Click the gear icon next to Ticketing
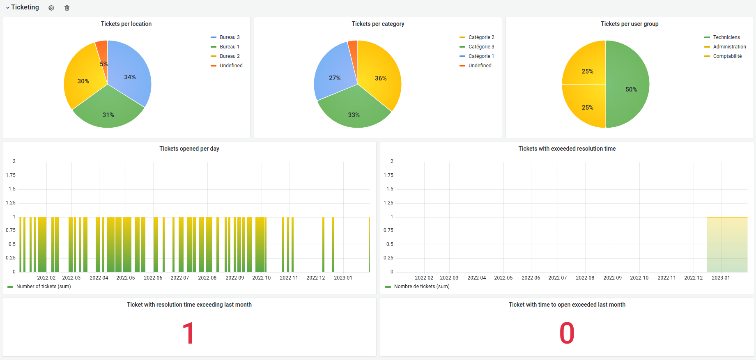click(51, 8)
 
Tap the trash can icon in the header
click(67, 8)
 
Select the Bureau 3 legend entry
click(225, 37)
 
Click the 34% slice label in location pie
click(130, 77)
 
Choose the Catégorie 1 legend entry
click(477, 56)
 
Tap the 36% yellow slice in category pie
click(380, 74)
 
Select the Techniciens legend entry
click(722, 37)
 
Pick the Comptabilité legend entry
click(723, 56)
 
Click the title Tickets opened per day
click(189, 149)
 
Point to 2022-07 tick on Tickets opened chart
click(180, 278)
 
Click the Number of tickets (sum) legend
click(39, 287)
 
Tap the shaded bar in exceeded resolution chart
click(727, 245)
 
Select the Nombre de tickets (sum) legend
click(417, 287)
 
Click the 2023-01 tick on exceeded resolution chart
click(721, 278)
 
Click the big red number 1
click(188, 333)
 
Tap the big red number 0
click(567, 333)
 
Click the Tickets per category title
click(378, 24)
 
